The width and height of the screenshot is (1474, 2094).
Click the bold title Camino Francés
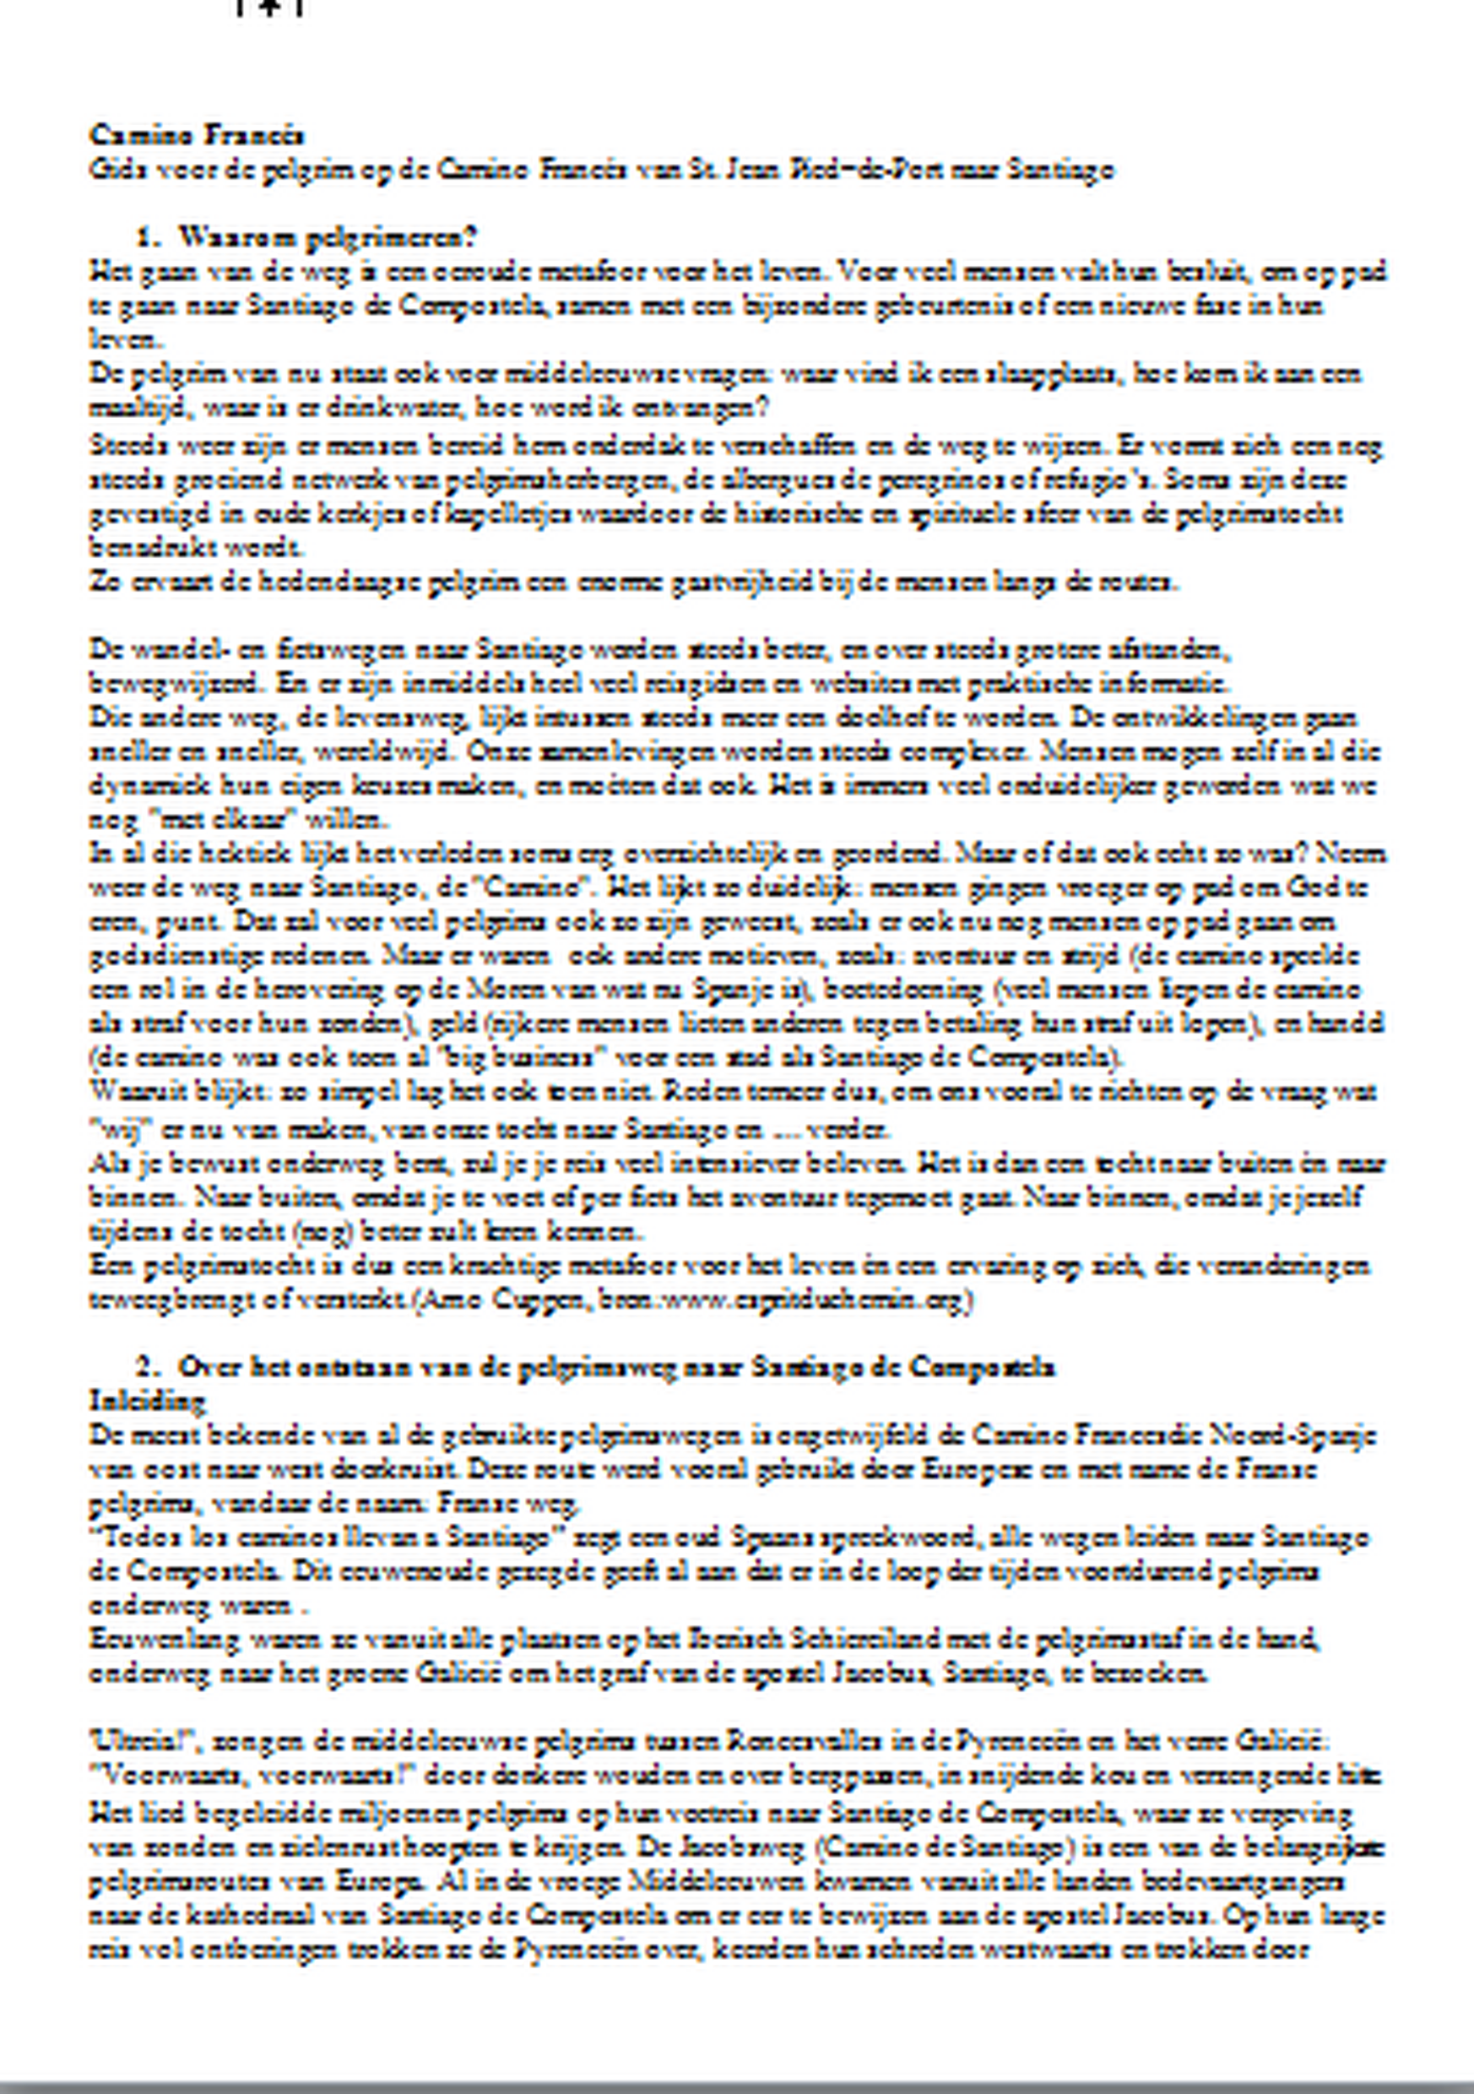point(195,135)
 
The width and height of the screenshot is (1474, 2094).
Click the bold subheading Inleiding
point(147,1400)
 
